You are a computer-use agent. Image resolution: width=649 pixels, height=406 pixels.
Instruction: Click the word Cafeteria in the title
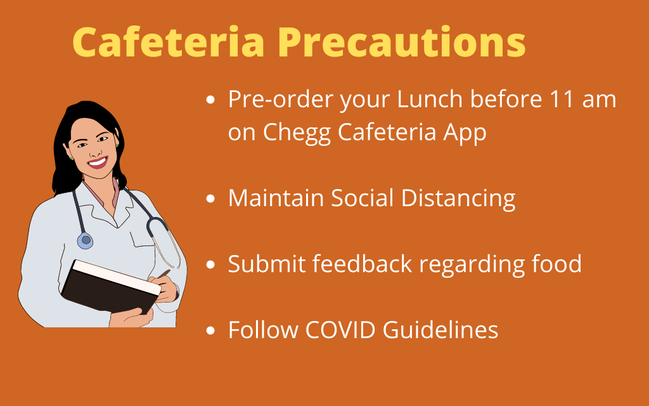(169, 42)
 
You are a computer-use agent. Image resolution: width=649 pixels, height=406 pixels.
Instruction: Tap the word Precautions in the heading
(401, 42)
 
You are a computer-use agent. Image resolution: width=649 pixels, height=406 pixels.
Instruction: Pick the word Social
(362, 198)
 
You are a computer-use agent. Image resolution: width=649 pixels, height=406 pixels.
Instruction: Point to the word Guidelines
(440, 330)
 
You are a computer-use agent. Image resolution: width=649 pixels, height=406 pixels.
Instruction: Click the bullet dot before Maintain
(210, 199)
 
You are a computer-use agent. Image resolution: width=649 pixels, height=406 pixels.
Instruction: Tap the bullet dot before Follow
(210, 331)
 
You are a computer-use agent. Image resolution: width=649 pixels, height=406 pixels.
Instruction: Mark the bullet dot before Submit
(210, 265)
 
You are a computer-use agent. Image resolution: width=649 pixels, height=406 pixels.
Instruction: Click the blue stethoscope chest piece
(86, 240)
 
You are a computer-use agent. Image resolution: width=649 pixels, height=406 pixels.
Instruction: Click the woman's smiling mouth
(98, 162)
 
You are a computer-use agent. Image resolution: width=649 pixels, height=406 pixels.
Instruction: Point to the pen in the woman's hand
(164, 274)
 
